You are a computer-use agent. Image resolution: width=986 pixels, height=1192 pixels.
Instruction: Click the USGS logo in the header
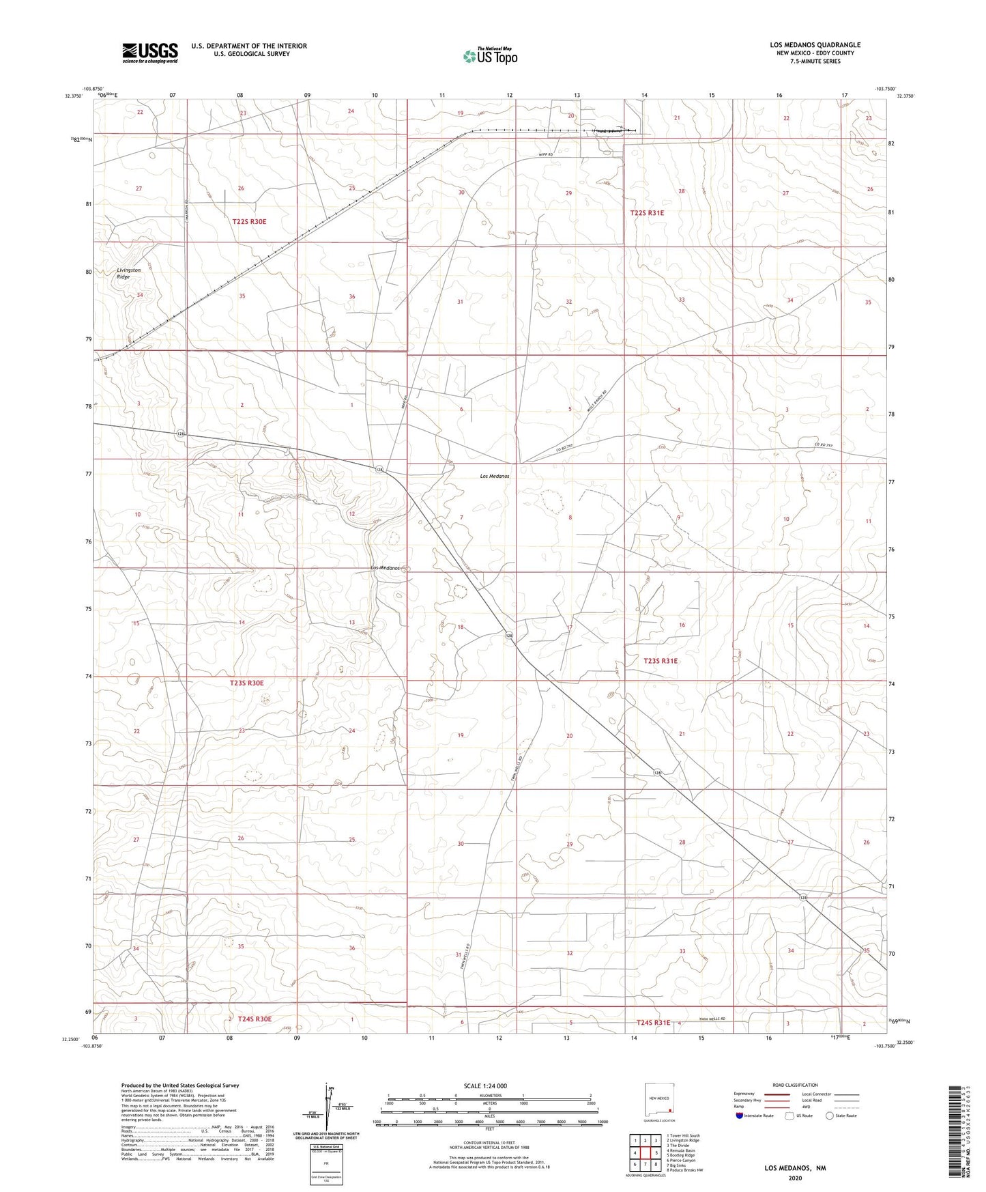pyautogui.click(x=149, y=52)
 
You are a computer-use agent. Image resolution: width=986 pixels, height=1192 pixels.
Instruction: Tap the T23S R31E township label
pyautogui.click(x=661, y=661)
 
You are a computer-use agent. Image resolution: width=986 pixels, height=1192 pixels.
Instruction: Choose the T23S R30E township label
pyautogui.click(x=246, y=683)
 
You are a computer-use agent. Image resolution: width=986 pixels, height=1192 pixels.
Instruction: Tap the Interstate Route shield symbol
pyautogui.click(x=739, y=1116)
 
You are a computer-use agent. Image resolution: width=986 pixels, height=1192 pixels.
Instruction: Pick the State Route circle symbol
pyautogui.click(x=830, y=1116)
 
